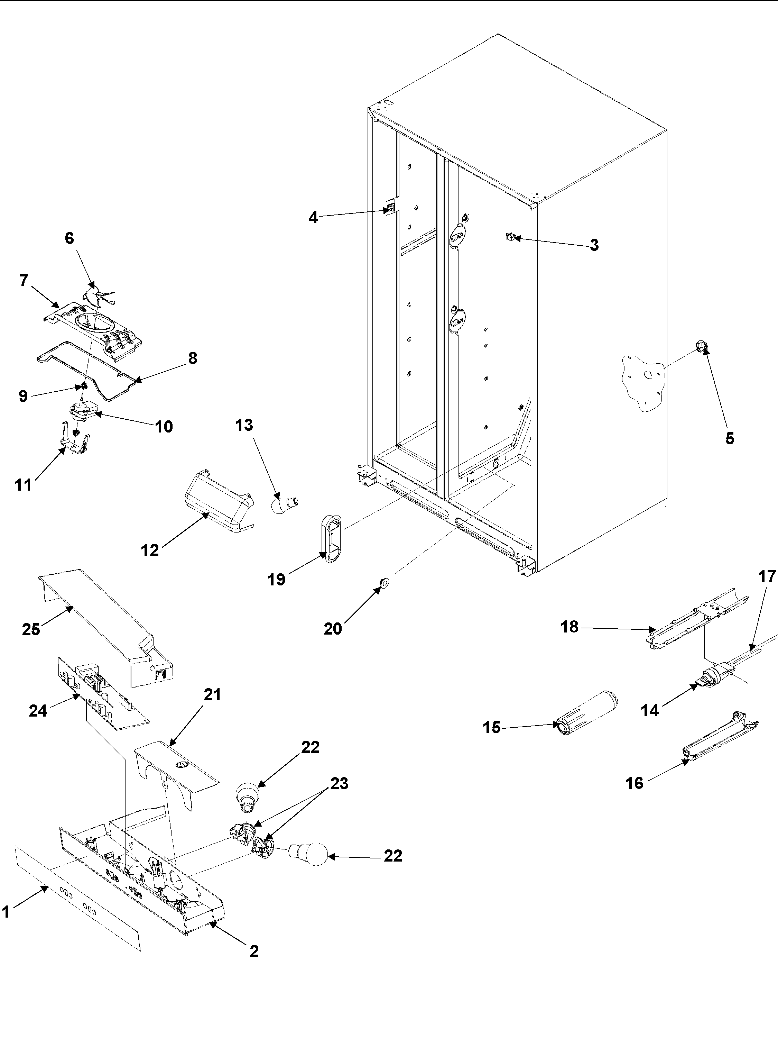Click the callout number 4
pyautogui.click(x=313, y=217)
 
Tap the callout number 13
pyautogui.click(x=244, y=425)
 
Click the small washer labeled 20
pyautogui.click(x=385, y=583)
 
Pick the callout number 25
pyautogui.click(x=31, y=629)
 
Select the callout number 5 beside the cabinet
pyautogui.click(x=730, y=438)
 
